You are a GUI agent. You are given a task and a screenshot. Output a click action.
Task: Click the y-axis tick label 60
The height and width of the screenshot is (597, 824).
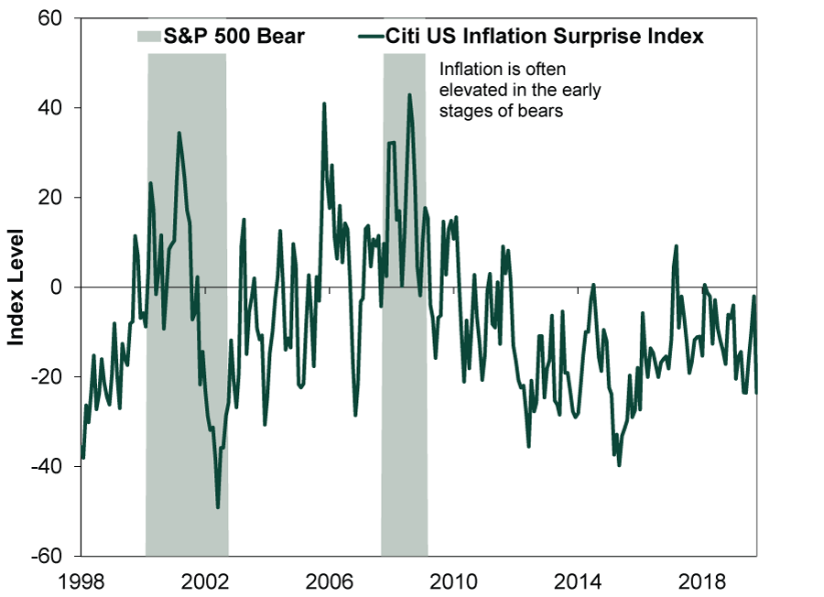[x=50, y=18]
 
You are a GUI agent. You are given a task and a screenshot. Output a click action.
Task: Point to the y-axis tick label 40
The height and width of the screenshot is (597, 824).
[x=50, y=108]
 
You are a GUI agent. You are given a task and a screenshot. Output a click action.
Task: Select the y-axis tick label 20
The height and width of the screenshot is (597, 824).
[x=50, y=198]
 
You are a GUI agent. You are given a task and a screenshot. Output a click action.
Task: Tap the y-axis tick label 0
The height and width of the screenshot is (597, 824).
[x=56, y=287]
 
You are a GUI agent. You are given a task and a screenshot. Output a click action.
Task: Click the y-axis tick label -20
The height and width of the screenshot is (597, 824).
[x=47, y=377]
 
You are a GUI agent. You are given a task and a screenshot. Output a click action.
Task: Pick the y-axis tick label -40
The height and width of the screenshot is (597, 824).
[x=47, y=467]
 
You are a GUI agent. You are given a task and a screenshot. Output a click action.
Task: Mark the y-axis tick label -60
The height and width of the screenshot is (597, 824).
[x=47, y=556]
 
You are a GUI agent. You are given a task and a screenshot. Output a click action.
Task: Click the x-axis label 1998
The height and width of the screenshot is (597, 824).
[x=81, y=581]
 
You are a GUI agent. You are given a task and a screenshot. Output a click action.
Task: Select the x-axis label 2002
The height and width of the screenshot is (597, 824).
[x=205, y=581]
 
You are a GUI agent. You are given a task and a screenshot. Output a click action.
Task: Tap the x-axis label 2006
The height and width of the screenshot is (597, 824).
[x=330, y=581]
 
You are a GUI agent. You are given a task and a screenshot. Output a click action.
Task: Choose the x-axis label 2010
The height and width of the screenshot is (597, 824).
[x=453, y=581]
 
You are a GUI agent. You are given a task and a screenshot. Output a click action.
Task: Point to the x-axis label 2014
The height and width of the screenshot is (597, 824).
[x=578, y=581]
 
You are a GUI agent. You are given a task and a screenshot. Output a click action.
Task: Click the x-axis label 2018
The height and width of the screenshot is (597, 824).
[x=702, y=581]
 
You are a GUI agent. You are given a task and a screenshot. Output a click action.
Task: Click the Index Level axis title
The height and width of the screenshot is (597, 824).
[x=16, y=288]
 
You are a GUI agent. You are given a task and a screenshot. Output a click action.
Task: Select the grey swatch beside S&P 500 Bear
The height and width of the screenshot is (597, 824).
[x=149, y=37]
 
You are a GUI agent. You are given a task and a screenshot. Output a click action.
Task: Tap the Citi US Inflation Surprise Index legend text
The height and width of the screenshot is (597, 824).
[x=544, y=37]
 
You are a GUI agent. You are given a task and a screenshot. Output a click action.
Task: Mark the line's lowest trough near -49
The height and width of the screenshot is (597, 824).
[x=218, y=507]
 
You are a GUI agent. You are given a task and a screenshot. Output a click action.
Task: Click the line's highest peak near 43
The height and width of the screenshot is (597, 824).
[x=409, y=95]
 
